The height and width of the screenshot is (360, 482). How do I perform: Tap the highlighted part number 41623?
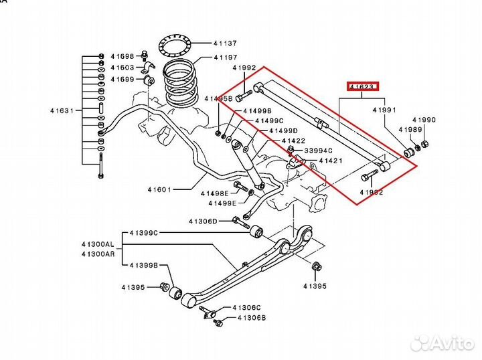tap(362, 86)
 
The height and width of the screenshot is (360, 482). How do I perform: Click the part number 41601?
tap(161, 189)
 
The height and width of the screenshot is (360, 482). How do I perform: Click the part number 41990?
tap(424, 120)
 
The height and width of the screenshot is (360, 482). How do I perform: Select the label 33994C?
tap(320, 151)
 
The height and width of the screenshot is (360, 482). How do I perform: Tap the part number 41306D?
tap(202, 221)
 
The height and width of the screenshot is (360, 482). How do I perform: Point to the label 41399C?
tap(144, 233)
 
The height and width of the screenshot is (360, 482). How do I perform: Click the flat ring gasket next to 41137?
tap(177, 47)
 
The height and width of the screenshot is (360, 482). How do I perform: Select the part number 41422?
tap(293, 141)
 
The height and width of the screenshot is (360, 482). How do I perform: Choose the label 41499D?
tap(283, 130)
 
